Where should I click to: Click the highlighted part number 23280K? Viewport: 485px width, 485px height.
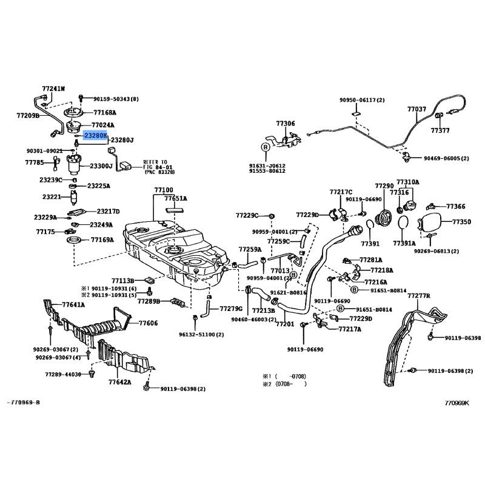coord(95,136)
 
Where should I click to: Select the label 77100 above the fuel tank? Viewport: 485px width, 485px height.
coord(164,190)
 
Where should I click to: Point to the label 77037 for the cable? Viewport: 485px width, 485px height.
coord(416,109)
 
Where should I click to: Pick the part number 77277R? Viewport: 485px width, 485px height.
coord(418,295)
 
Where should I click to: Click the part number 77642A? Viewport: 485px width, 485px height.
coord(119,382)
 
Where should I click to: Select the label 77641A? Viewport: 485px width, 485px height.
coord(73,306)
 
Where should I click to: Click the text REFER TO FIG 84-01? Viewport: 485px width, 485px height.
coord(158,166)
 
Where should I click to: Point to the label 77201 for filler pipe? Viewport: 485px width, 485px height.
coord(284,324)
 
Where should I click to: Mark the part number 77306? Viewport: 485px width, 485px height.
coord(286,124)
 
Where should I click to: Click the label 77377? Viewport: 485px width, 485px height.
coord(440,130)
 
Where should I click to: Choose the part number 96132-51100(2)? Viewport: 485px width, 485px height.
coord(201,334)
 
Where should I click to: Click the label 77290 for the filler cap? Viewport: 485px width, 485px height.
coord(384,186)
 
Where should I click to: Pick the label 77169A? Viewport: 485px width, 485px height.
coord(102,240)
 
